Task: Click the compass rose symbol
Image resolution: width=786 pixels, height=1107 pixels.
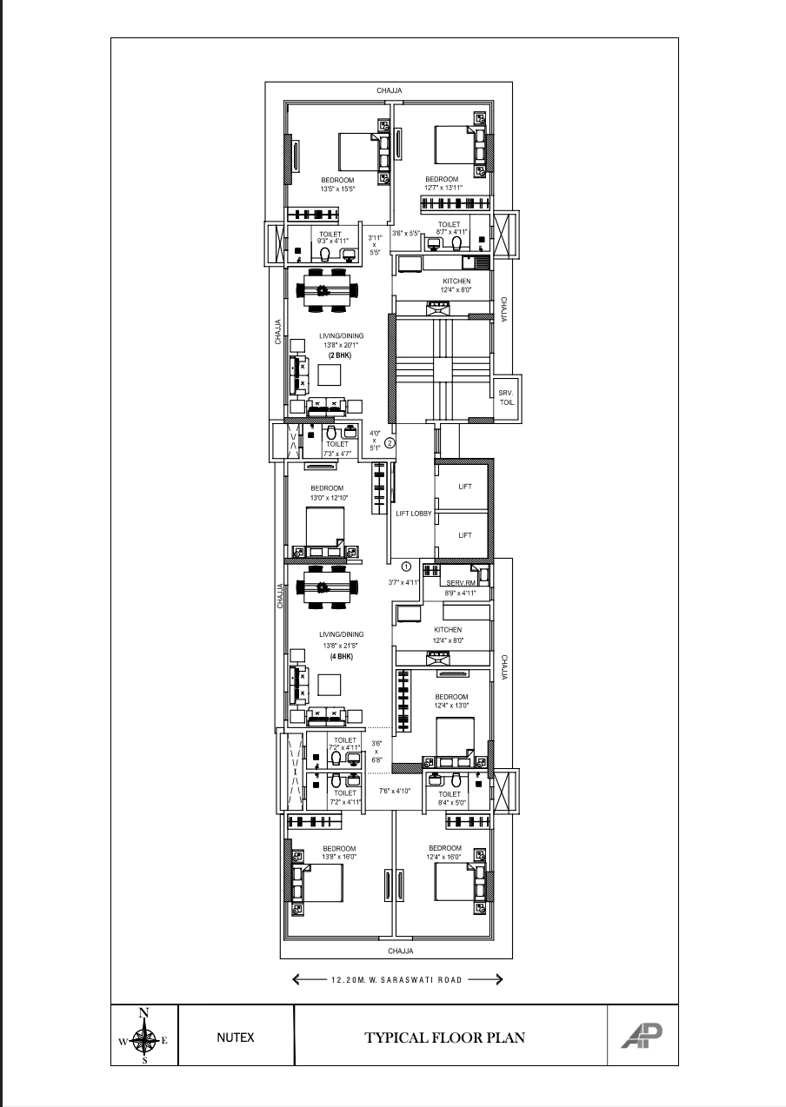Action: tap(144, 1037)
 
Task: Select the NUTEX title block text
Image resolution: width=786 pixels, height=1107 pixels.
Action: tap(236, 1037)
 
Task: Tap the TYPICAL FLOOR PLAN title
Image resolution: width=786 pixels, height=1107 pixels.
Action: tap(444, 1037)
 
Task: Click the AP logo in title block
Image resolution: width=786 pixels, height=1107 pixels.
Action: tap(641, 1036)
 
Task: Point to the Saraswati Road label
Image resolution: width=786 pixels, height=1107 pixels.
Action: tap(397, 980)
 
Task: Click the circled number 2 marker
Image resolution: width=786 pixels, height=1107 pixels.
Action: tap(390, 442)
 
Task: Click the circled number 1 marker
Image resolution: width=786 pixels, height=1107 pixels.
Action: tap(406, 567)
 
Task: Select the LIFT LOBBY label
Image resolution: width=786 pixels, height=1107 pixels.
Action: tap(414, 514)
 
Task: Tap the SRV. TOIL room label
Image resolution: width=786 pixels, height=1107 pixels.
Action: tap(507, 398)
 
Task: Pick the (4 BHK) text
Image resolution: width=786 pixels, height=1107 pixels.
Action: tap(341, 656)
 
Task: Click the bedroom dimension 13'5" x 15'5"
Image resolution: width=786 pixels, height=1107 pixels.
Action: tap(337, 189)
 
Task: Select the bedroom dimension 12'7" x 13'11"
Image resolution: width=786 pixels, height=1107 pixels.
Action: tap(443, 188)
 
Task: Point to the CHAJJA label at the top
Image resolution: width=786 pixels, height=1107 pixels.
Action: tap(390, 90)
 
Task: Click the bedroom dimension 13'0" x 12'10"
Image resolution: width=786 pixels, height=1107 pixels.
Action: tap(328, 498)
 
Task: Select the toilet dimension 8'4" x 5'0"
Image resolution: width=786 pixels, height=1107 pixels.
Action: tap(450, 803)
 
